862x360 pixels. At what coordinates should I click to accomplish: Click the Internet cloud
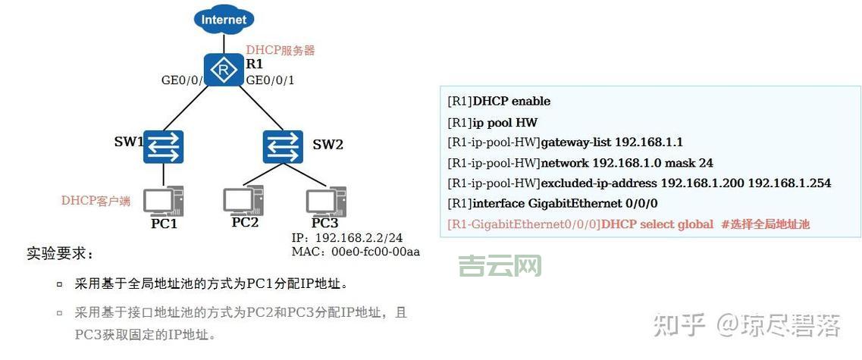click(224, 18)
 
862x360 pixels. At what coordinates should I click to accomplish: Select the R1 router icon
click(223, 70)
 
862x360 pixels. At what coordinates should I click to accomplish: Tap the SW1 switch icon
click(164, 146)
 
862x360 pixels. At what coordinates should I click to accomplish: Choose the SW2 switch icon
click(283, 146)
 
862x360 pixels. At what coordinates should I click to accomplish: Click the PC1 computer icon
click(164, 200)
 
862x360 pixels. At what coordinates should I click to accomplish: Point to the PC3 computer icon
click(326, 200)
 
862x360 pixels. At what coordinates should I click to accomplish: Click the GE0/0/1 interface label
click(271, 80)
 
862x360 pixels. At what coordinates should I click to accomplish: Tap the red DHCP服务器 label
click(281, 51)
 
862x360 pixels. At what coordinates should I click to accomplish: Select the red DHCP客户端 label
click(96, 201)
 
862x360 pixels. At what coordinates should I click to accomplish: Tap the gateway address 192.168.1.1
click(649, 142)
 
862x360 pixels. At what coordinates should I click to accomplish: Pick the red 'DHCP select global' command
click(657, 224)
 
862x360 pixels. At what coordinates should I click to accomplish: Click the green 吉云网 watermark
click(500, 265)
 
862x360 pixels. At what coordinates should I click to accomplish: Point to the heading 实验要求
click(60, 253)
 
